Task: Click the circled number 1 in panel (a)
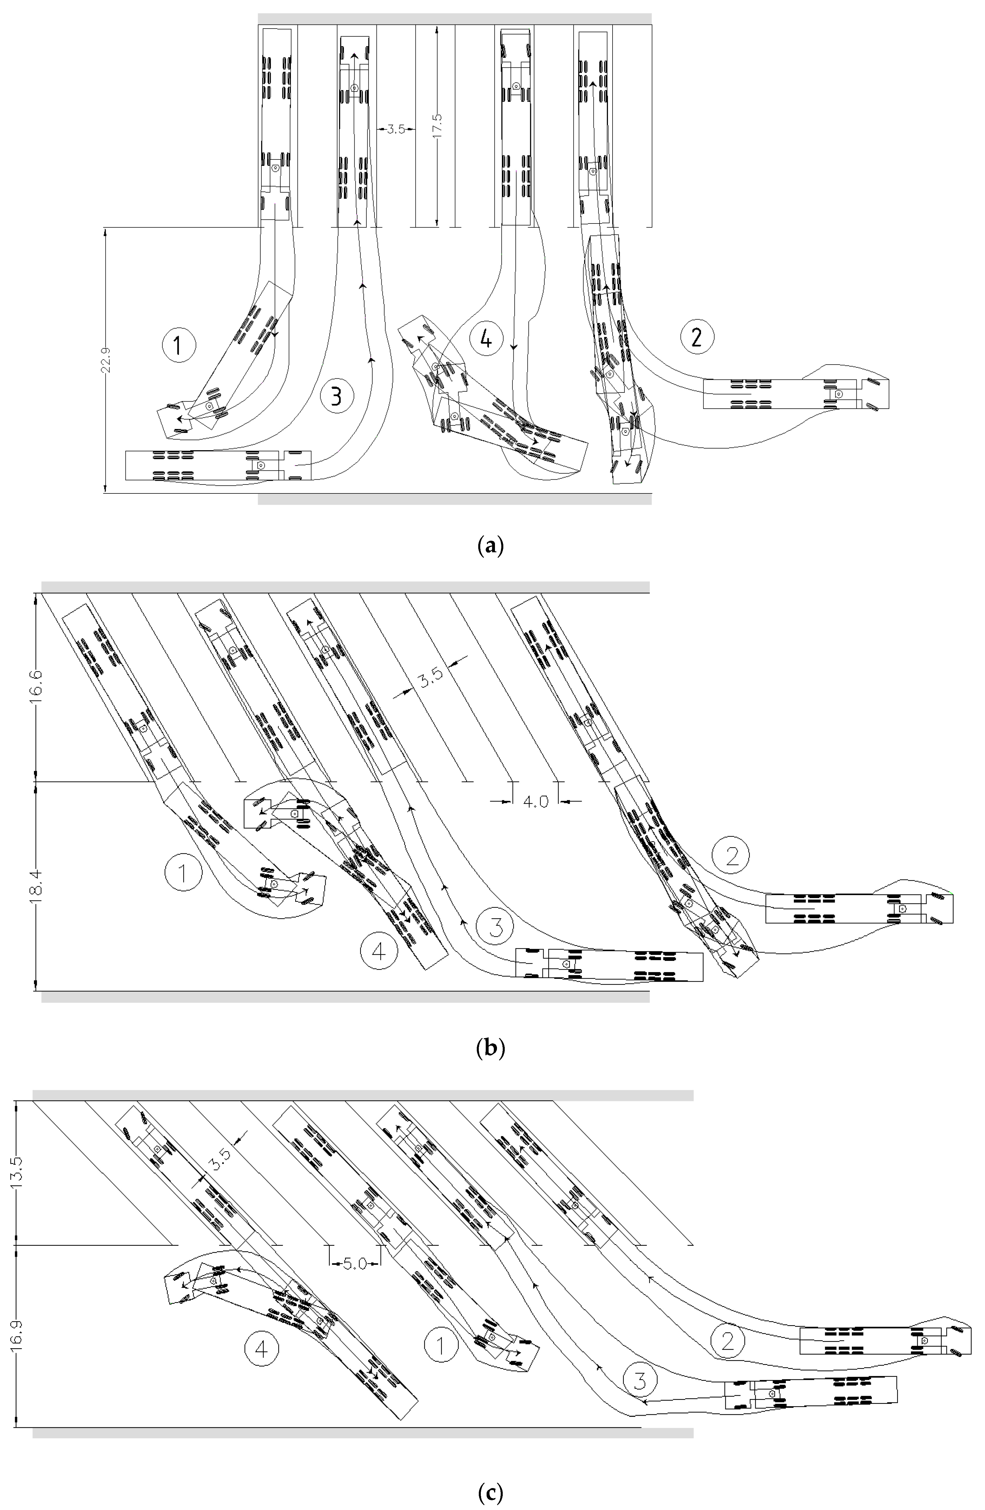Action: pos(179,346)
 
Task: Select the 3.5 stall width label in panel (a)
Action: pos(396,129)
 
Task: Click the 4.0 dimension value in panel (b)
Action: pos(535,802)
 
